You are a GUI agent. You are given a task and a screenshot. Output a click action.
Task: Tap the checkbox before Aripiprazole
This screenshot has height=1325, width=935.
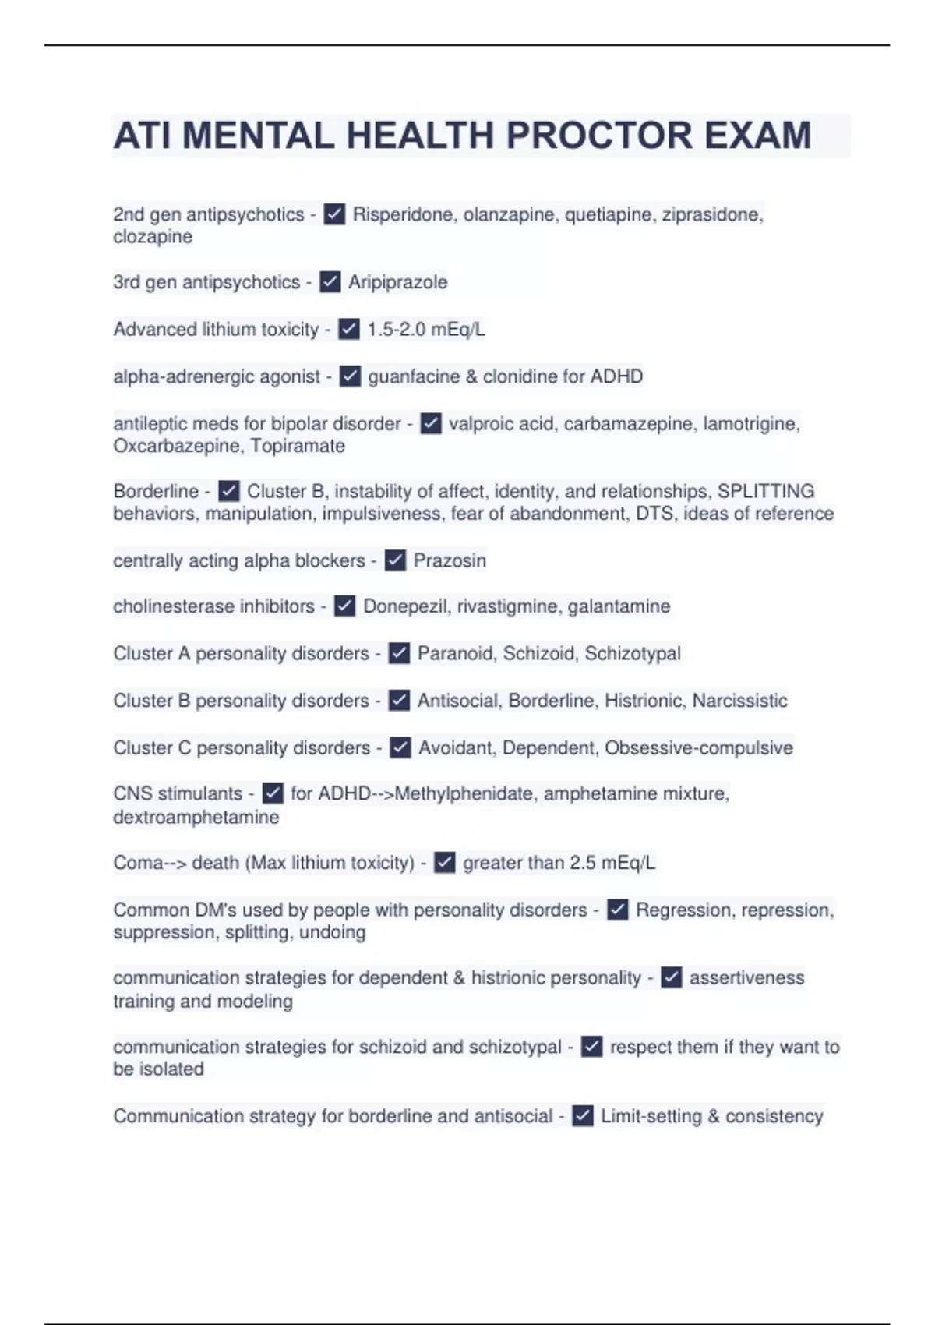tap(330, 282)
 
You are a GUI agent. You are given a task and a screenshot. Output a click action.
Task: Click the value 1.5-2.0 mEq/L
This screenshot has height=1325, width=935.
tap(425, 330)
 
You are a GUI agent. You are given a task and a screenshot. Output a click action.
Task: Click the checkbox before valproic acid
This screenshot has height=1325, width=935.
tap(431, 424)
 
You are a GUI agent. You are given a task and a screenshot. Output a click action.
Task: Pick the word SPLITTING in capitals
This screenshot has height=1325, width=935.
tap(765, 492)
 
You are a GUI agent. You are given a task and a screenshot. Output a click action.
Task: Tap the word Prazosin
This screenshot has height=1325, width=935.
tap(450, 560)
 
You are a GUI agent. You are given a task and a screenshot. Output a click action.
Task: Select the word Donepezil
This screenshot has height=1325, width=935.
tap(405, 606)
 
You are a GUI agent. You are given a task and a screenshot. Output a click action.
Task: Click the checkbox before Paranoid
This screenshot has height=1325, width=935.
tap(399, 653)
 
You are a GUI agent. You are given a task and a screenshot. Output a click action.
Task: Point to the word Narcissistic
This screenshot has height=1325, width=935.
tap(739, 701)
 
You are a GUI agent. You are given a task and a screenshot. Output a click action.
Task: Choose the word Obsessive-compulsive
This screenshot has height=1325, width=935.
tap(698, 748)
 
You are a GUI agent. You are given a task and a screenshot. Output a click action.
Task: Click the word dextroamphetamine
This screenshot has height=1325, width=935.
tap(196, 818)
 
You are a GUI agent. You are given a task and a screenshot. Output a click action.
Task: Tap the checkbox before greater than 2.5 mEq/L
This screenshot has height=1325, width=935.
tap(444, 863)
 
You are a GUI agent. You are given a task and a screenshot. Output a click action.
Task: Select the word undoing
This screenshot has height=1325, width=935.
tap(332, 933)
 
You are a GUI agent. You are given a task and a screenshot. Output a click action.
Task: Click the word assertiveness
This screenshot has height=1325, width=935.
tap(746, 978)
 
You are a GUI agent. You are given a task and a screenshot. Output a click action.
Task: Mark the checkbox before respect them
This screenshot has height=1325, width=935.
tap(592, 1047)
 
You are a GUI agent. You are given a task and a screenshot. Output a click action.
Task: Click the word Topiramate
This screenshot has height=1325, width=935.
tap(298, 447)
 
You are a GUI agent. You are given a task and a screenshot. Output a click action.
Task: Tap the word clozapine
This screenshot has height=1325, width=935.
tap(153, 237)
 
